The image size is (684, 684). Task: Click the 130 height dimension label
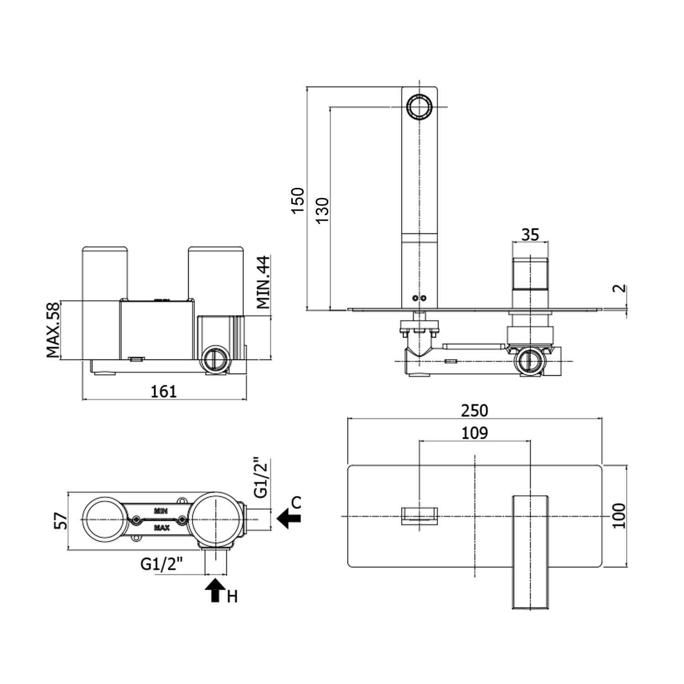(x=322, y=210)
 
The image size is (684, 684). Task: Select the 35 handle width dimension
(x=530, y=234)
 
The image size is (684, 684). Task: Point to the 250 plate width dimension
(x=474, y=410)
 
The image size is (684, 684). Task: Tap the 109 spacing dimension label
(x=475, y=432)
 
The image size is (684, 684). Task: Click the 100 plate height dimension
(x=619, y=516)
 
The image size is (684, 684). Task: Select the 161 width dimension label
(x=164, y=391)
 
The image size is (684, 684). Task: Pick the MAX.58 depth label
(x=53, y=329)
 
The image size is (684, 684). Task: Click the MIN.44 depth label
(x=264, y=283)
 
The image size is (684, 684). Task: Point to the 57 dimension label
(x=61, y=520)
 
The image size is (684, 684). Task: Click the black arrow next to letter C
(x=289, y=519)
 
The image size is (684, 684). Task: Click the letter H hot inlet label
(x=233, y=596)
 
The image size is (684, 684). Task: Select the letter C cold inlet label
(x=296, y=503)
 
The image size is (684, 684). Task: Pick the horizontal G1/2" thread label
(x=162, y=564)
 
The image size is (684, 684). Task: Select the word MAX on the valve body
(x=162, y=528)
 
